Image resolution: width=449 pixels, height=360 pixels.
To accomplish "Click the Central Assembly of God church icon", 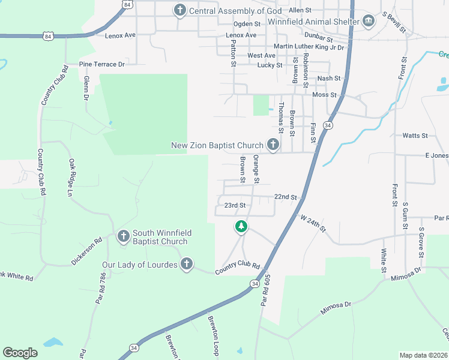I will pyautogui.click(x=179, y=10).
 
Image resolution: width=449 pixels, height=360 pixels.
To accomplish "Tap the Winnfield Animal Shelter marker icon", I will pyautogui.click(x=369, y=22).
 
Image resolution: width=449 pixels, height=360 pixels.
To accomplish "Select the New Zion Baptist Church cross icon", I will pyautogui.click(x=273, y=145).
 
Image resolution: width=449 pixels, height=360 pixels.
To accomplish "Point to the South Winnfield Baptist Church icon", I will pyautogui.click(x=124, y=236).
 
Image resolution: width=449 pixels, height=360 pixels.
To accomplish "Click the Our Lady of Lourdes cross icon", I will pyautogui.click(x=187, y=264).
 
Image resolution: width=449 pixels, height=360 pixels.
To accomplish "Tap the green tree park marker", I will pyautogui.click(x=241, y=226).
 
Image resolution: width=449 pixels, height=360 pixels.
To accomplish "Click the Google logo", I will pyautogui.click(x=20, y=353).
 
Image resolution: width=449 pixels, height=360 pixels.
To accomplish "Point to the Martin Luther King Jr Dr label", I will pyautogui.click(x=309, y=47).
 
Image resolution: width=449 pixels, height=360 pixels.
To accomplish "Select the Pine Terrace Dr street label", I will pyautogui.click(x=101, y=64).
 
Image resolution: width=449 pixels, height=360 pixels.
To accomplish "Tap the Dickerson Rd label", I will pyautogui.click(x=87, y=251).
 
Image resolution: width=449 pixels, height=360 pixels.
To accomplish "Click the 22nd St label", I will pyautogui.click(x=286, y=197).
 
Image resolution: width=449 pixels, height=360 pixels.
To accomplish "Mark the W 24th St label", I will pyautogui.click(x=313, y=225).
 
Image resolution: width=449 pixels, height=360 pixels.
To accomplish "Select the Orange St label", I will pyautogui.click(x=256, y=169).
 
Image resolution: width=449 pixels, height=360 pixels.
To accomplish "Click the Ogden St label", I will pyautogui.click(x=247, y=24).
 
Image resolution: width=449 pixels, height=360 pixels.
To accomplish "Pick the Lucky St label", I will pyautogui.click(x=270, y=65).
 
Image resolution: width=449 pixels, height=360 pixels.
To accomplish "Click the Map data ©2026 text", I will pyautogui.click(x=423, y=355).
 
